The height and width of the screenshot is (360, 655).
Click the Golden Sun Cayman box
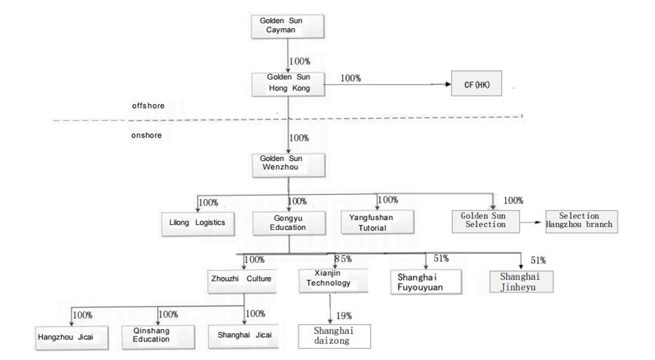[288, 26]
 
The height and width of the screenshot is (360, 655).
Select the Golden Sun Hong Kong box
[288, 85]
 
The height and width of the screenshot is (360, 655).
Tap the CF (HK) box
[476, 84]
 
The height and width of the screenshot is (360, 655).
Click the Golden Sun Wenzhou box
[288, 165]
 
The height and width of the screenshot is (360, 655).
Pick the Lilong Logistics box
[198, 224]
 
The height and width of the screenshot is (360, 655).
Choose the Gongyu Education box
[289, 223]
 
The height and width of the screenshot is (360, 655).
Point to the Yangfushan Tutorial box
[378, 222]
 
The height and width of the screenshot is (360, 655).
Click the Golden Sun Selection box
[486, 221]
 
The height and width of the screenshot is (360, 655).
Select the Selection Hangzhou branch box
[581, 221]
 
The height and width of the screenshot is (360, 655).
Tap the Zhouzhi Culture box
[242, 281]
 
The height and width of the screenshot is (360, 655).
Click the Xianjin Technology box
[333, 281]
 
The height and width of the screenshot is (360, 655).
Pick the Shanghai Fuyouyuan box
[426, 282]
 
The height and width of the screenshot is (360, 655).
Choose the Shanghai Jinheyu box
[521, 281]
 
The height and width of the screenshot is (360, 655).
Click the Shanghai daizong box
[334, 336]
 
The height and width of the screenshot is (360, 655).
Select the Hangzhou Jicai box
[72, 338]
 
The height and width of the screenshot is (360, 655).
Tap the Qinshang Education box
[158, 337]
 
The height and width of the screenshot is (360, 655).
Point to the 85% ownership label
[343, 259]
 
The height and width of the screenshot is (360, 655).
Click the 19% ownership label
[344, 316]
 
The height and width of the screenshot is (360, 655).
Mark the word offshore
[148, 105]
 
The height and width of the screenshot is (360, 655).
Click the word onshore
[146, 135]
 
